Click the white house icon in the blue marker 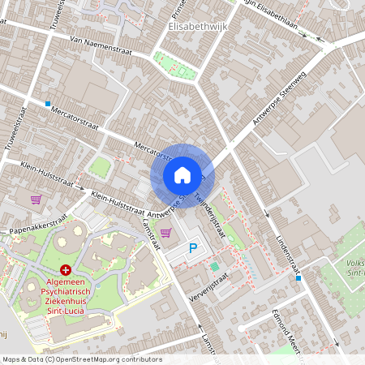pyautogui.click(x=182, y=175)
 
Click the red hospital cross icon pyautogui.click(x=65, y=269)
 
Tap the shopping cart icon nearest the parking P pyautogui.click(x=165, y=233)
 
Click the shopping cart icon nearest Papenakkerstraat pyautogui.click(x=36, y=199)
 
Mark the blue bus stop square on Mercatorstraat pyautogui.click(x=48, y=104)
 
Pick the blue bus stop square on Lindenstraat pyautogui.click(x=298, y=278)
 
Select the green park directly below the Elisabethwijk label pyautogui.click(x=176, y=66)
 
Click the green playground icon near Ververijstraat pyautogui.click(x=214, y=266)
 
